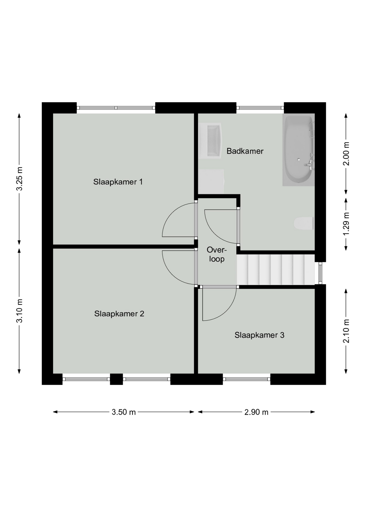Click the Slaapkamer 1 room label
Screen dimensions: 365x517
118,182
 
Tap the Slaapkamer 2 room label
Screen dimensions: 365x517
119,314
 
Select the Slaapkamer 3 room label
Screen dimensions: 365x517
259,335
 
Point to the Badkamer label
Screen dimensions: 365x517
245,151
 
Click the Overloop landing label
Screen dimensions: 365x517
217,254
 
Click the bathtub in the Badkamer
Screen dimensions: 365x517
298,150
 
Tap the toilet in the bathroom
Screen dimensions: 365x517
303,223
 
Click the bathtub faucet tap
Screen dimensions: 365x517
309,163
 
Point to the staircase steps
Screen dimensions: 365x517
276,270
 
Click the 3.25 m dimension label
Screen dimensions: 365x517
19,179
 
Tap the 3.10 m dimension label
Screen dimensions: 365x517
19,311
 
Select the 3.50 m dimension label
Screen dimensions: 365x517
124,412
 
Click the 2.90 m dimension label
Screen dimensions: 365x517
256,412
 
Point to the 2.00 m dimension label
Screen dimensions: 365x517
346,154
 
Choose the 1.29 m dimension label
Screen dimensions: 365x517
346,224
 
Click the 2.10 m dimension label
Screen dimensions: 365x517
346,331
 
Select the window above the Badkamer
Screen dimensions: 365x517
260,108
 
